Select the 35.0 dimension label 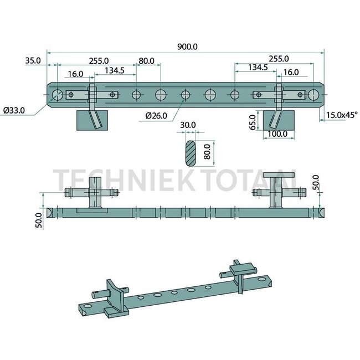coord(33,60)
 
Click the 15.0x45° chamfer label coord(342,115)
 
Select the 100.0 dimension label coord(277,133)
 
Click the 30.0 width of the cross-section coord(188,126)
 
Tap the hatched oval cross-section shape coord(189,152)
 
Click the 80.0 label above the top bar coord(147,60)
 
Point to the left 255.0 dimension coord(99,60)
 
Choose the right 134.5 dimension coord(258,67)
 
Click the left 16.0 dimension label coord(75,73)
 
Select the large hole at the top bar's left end coord(58,95)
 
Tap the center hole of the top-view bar coord(186,95)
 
